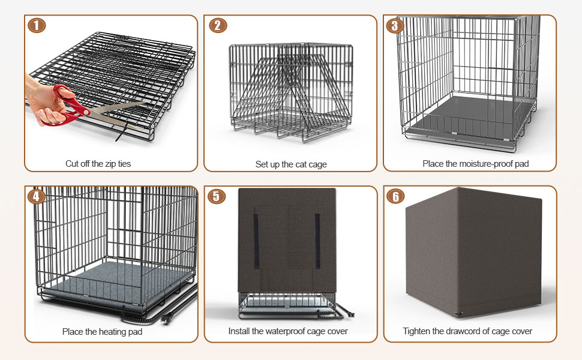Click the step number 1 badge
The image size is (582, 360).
pos(37,25)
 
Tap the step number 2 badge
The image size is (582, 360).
pos(218,25)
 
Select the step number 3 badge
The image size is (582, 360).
pos(395,26)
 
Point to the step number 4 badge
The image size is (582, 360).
pos(37,196)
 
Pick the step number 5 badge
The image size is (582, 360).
pos(217,196)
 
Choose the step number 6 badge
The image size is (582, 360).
pos(395,196)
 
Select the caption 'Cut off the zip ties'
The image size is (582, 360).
pos(98,164)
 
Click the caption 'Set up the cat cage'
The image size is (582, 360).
pos(291,164)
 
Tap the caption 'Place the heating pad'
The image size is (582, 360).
pos(102,331)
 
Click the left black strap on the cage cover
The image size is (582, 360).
pos(256,241)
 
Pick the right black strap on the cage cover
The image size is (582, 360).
pos(317,241)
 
